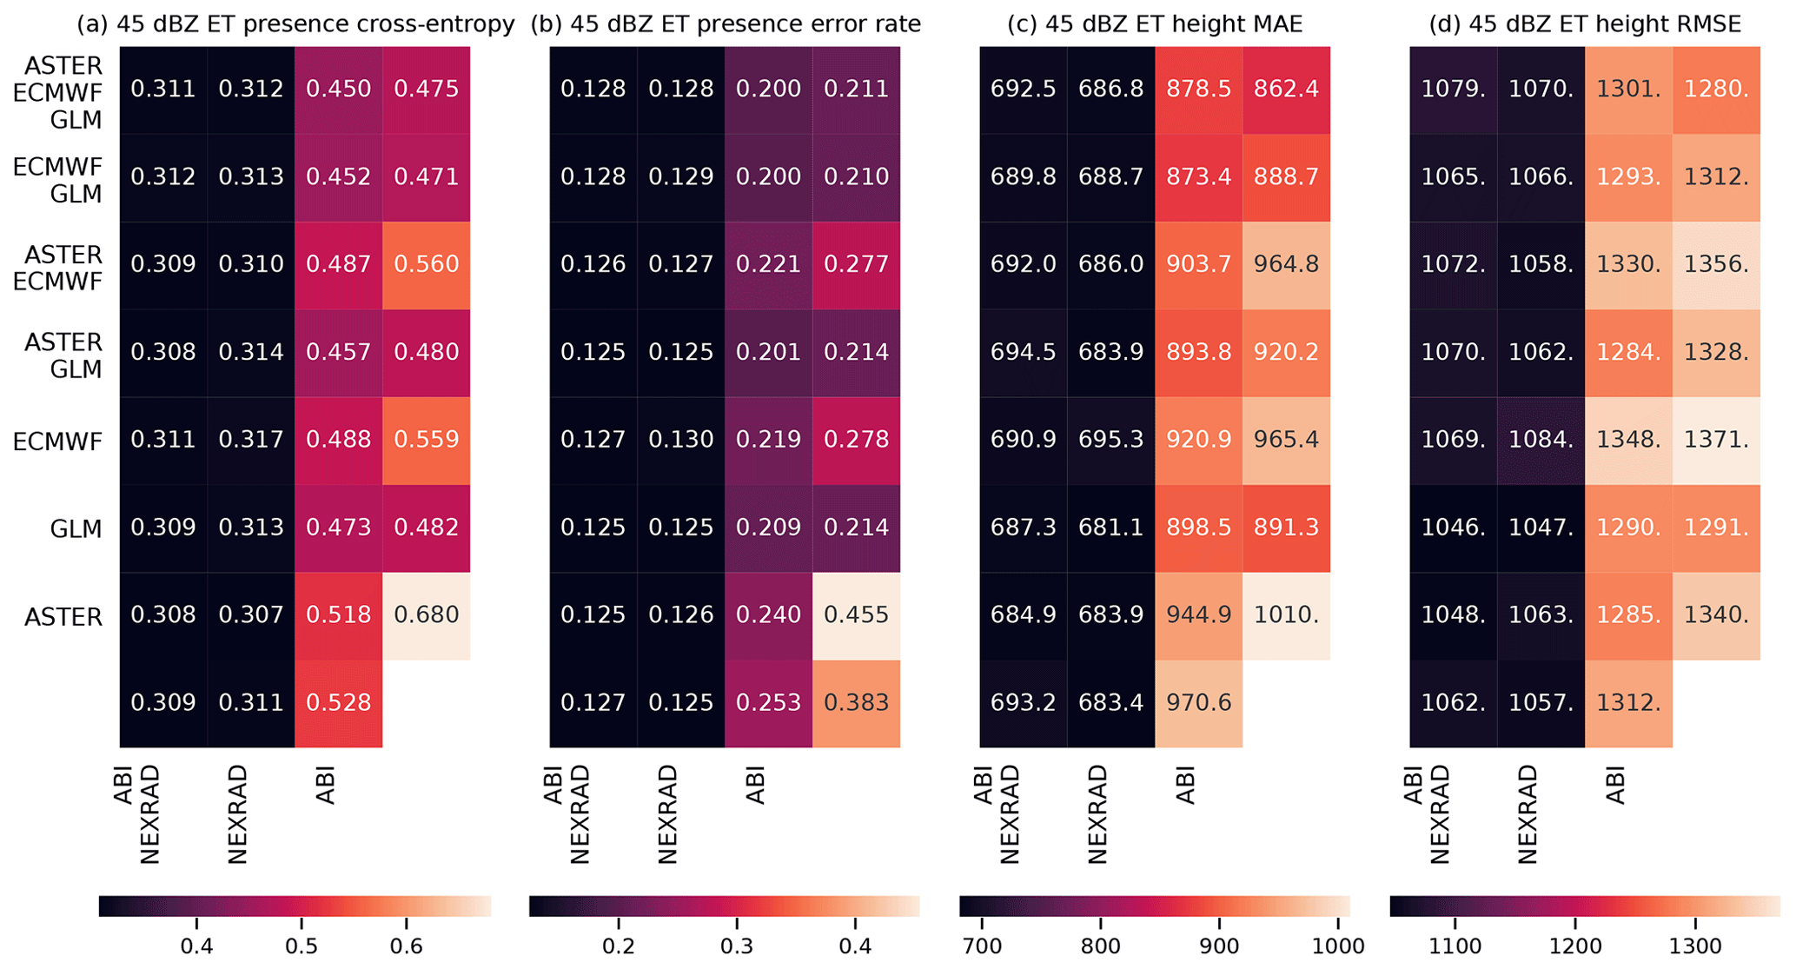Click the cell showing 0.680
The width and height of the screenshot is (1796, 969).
tap(426, 615)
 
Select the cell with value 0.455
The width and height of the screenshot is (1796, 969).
tap(856, 615)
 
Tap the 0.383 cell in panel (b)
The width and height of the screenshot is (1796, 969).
tap(856, 703)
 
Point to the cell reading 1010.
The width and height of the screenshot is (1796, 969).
tap(1286, 615)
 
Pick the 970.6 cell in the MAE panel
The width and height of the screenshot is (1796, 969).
tap(1198, 703)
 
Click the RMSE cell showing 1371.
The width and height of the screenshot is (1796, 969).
tap(1716, 440)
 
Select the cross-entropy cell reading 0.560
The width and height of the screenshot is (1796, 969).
tap(426, 264)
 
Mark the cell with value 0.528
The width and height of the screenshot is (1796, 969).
tap(338, 703)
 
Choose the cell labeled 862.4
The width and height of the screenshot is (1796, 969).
tap(1286, 89)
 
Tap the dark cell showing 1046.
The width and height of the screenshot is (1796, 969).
tap(1453, 528)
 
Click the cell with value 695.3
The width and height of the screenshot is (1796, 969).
tap(1110, 440)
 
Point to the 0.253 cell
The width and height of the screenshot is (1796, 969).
tap(768, 703)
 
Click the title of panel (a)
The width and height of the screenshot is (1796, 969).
tap(295, 24)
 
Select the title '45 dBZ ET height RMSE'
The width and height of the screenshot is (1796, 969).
tap(1585, 24)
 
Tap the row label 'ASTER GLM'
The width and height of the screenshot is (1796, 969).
tap(63, 355)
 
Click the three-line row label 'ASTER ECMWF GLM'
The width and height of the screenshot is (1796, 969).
tap(58, 92)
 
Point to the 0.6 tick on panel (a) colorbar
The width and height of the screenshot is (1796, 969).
tap(407, 946)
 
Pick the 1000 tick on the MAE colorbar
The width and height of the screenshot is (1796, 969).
tap(1338, 946)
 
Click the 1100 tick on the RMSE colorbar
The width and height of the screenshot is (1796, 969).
tap(1455, 946)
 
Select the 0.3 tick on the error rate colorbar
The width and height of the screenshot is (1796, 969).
tap(737, 946)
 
